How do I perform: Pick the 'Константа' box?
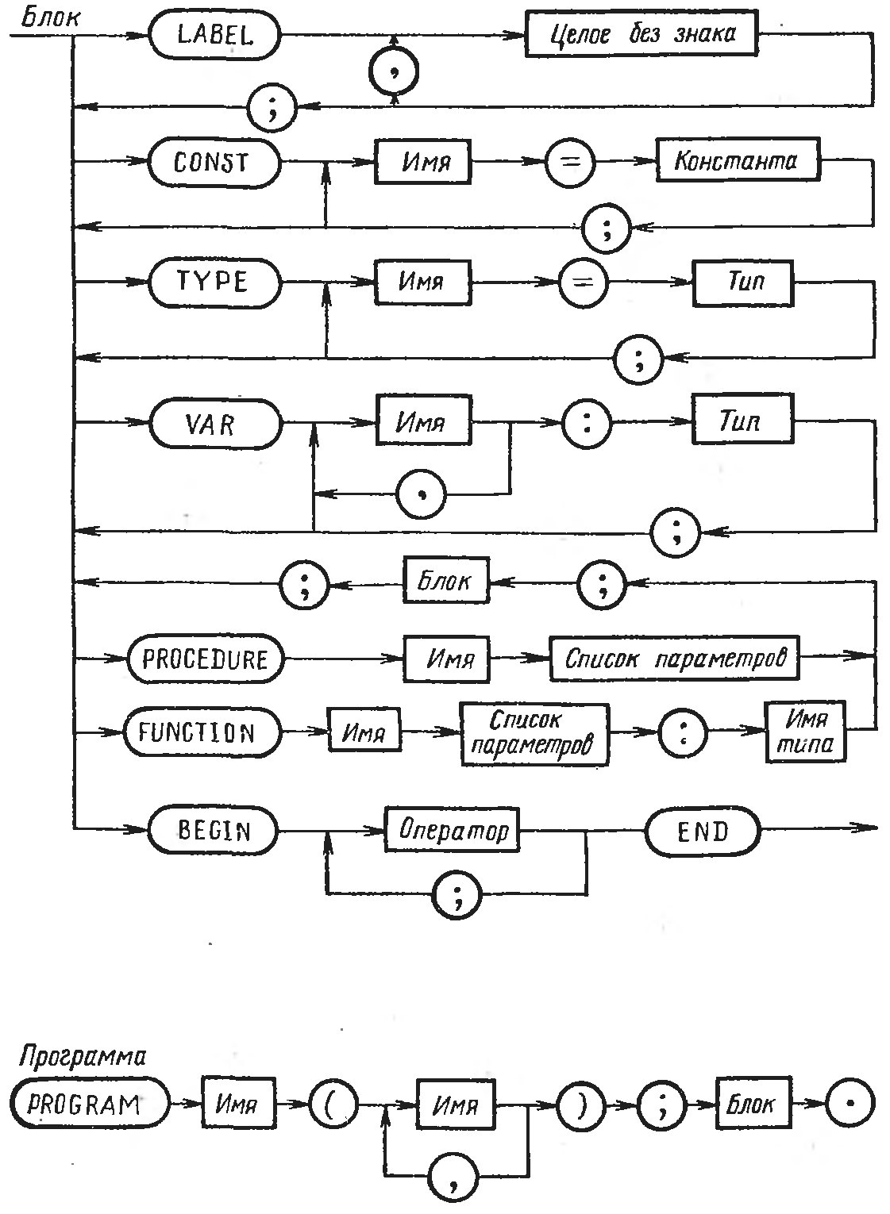coord(738,161)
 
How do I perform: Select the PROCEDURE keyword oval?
coord(206,659)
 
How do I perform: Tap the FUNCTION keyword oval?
coord(202,732)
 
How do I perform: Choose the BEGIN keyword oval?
coord(214,831)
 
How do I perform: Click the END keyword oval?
coord(703,832)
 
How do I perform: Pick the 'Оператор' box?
coord(453,830)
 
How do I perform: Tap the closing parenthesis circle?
coord(581,1105)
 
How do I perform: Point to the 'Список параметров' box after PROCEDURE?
coord(674,659)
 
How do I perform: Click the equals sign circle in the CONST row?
coord(569,162)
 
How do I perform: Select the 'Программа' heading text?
coord(81,1057)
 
